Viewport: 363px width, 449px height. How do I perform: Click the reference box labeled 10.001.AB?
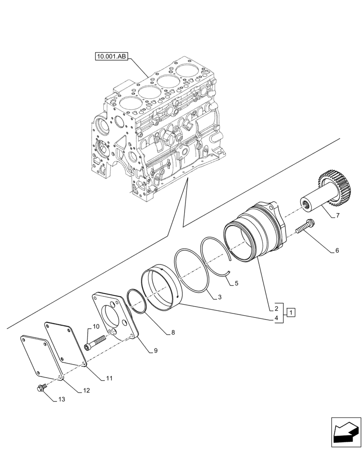click(x=111, y=56)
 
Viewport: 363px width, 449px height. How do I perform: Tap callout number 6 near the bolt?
click(x=336, y=251)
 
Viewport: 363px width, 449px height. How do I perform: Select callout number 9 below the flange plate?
click(x=155, y=351)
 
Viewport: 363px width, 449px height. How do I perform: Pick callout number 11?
click(x=109, y=379)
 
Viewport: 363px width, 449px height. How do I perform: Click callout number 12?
click(x=86, y=391)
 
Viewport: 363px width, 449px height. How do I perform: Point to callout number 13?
click(x=62, y=399)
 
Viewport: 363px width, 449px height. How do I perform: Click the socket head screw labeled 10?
click(x=95, y=343)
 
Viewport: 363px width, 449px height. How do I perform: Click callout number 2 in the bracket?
click(x=276, y=308)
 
